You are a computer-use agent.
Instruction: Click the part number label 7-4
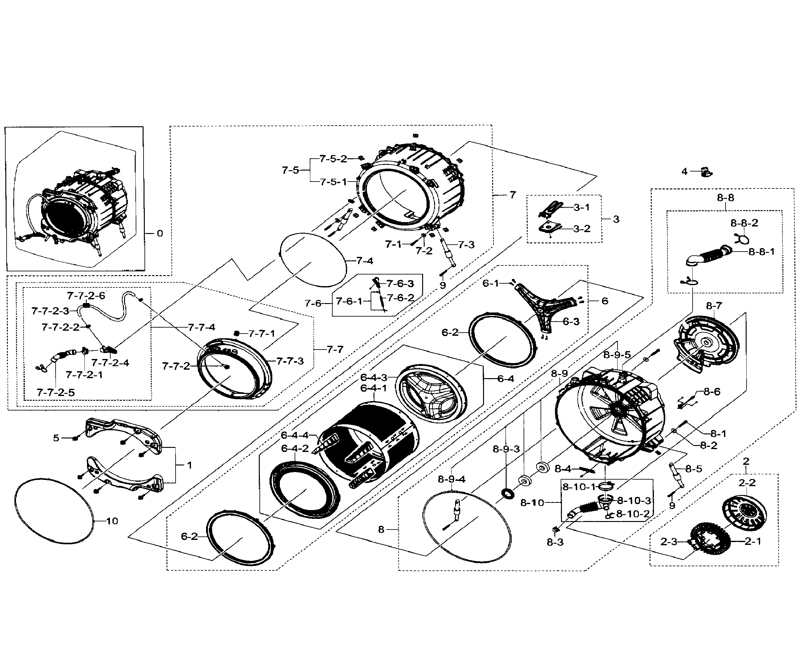(365, 261)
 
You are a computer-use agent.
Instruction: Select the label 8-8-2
(744, 223)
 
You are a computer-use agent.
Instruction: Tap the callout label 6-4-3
(373, 378)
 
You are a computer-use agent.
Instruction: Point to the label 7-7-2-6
(86, 296)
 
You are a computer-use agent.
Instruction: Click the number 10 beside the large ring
(112, 521)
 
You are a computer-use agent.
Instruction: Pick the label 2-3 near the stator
(669, 541)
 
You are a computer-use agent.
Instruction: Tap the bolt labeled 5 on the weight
(75, 438)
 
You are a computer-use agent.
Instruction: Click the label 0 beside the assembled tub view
(160, 233)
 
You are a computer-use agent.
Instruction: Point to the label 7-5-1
(333, 182)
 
